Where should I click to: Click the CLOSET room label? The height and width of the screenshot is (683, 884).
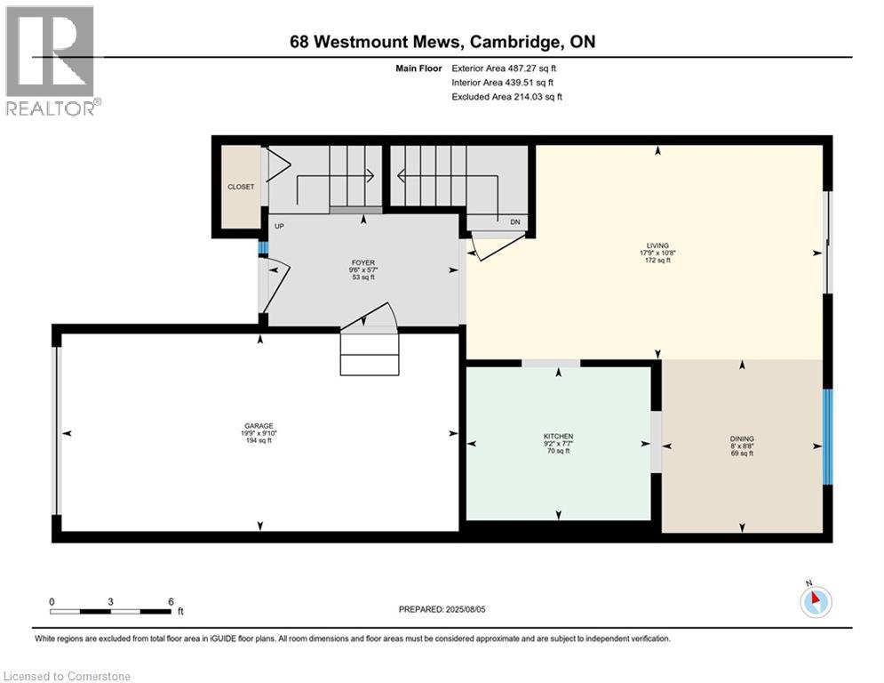(240, 187)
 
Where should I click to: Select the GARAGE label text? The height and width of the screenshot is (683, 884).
(260, 425)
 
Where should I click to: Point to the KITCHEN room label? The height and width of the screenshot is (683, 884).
(558, 436)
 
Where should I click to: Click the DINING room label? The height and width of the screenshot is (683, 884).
(741, 438)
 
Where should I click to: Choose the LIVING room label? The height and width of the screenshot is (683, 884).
(657, 245)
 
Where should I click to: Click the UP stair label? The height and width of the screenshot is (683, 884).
(279, 226)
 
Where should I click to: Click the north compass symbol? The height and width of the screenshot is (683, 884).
(814, 600)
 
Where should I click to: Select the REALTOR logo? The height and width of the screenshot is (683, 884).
(52, 60)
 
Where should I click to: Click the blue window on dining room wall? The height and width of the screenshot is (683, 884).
(827, 436)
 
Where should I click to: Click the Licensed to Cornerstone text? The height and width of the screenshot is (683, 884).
(68, 676)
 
